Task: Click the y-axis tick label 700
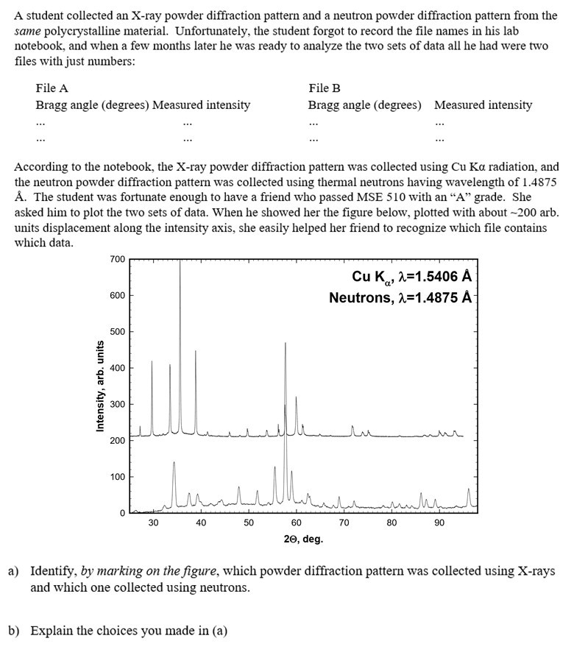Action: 117,259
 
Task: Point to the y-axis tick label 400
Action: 117,368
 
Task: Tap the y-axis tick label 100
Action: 117,477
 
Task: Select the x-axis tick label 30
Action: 152,523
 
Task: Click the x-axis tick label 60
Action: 296,523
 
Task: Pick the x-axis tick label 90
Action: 439,523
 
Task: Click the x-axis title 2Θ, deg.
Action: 303,539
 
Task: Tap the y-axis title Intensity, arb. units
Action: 99,386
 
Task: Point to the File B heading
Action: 325,88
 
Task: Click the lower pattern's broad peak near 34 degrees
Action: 174,464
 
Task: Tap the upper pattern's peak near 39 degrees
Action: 196,352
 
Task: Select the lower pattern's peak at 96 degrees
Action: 468,489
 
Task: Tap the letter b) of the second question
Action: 14,631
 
